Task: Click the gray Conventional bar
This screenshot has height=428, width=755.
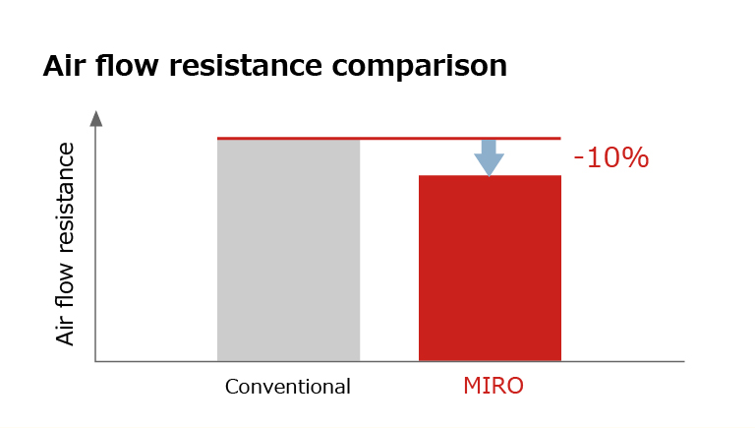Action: pyautogui.click(x=288, y=250)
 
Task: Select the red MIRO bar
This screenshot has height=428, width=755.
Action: pyautogui.click(x=490, y=268)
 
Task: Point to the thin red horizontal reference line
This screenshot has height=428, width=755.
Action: pyautogui.click(x=389, y=139)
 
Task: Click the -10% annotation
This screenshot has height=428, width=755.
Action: pyautogui.click(x=611, y=157)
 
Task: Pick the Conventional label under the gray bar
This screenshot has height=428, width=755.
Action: pyautogui.click(x=287, y=387)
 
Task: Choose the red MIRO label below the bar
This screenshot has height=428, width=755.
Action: pyautogui.click(x=494, y=386)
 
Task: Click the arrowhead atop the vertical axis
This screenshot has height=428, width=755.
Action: pyautogui.click(x=96, y=119)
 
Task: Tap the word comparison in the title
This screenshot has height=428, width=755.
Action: pyautogui.click(x=420, y=67)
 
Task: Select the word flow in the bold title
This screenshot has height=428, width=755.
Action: pyautogui.click(x=127, y=65)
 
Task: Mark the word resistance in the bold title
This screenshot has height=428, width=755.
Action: pyautogui.click(x=245, y=66)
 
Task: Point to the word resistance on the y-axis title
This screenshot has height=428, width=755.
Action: pyautogui.click(x=66, y=198)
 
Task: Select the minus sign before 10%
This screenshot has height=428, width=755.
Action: pyautogui.click(x=578, y=160)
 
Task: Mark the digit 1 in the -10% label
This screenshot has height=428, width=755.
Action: pyautogui.click(x=592, y=157)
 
